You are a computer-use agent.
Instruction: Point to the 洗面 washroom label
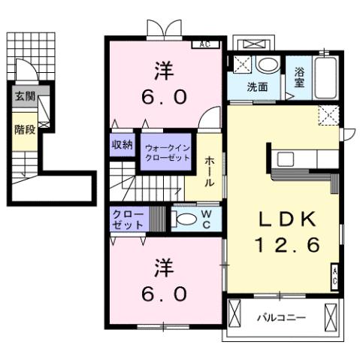click(x=258, y=86)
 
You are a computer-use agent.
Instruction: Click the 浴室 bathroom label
click(x=299, y=78)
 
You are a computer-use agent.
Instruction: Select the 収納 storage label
click(x=123, y=145)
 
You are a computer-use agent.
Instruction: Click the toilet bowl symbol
click(x=183, y=219)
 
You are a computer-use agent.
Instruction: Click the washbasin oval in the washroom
click(x=265, y=65)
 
